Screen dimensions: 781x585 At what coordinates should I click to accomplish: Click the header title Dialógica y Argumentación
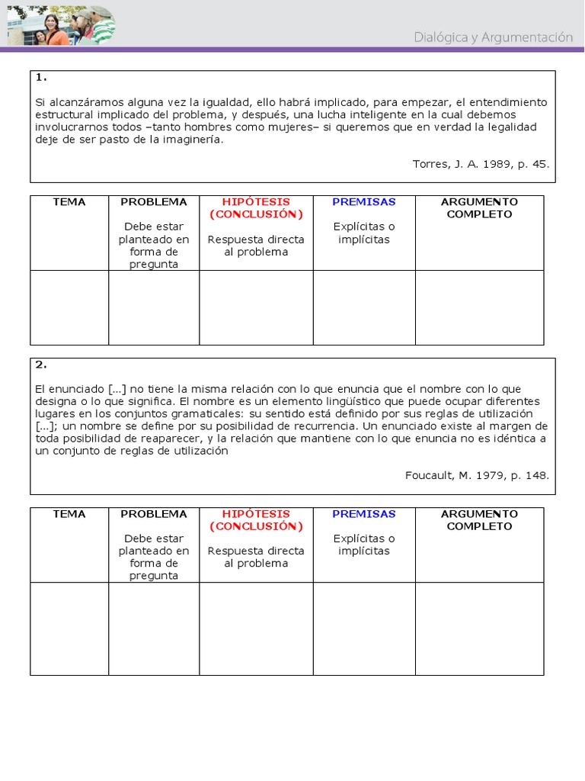[x=493, y=37]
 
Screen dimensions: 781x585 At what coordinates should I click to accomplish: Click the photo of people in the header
[x=61, y=25]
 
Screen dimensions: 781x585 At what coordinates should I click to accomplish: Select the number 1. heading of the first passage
[x=41, y=78]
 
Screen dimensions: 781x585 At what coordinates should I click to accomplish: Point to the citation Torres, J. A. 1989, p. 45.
[x=480, y=164]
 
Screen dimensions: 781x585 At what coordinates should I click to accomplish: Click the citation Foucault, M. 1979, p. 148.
[x=476, y=475]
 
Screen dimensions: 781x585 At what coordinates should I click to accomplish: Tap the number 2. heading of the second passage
[x=41, y=365]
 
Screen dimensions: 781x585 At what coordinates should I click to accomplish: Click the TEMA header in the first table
[x=69, y=202]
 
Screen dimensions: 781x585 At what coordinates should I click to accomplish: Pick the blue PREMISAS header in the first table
[x=364, y=202]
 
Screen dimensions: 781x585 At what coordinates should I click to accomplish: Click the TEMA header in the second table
[x=69, y=514]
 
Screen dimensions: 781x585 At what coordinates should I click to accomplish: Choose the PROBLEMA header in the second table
[x=154, y=514]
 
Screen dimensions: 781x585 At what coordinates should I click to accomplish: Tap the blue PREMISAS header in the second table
[x=364, y=514]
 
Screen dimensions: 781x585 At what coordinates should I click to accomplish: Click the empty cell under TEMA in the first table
[x=69, y=307]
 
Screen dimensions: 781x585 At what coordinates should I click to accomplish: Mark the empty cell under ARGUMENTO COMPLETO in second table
[x=479, y=628]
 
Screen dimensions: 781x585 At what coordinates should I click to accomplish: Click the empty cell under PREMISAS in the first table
[x=364, y=307]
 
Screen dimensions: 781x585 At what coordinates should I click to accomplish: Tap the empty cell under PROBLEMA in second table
[x=154, y=628]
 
